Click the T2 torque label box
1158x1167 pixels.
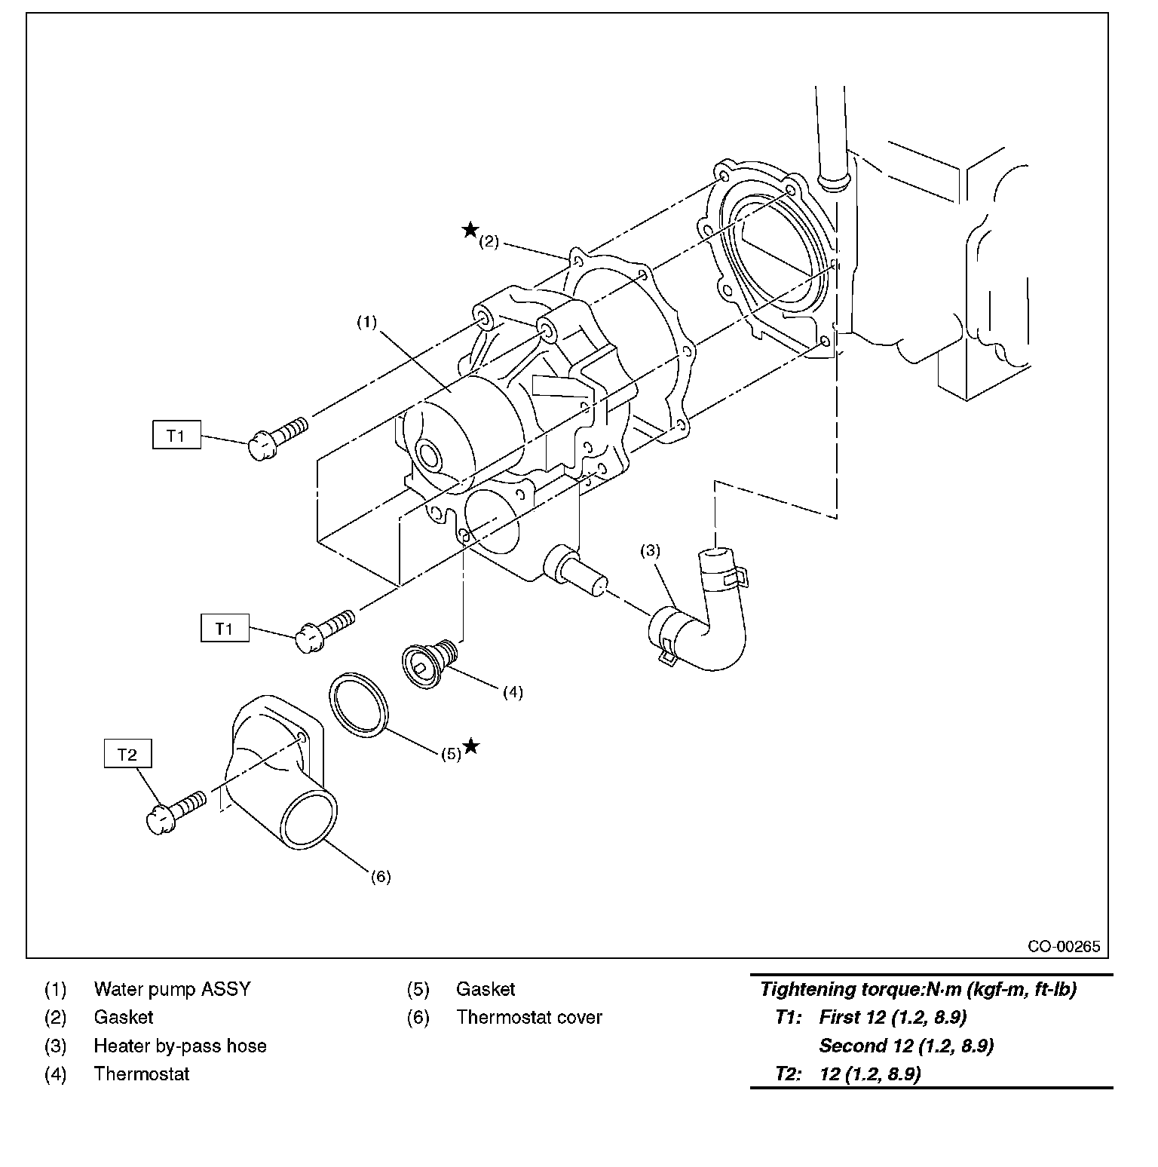tap(127, 755)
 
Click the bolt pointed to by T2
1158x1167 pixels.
tap(174, 811)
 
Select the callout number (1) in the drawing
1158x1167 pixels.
tap(366, 323)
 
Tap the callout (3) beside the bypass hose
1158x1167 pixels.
tap(650, 551)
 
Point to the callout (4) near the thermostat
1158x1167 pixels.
tap(513, 692)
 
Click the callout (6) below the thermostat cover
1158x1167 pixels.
tap(381, 876)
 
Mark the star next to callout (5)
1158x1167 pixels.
tap(471, 746)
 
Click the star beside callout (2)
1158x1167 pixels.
tap(470, 229)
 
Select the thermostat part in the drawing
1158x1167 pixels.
tap(428, 661)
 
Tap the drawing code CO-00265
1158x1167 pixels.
tap(1064, 946)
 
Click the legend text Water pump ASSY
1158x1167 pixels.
tap(172, 989)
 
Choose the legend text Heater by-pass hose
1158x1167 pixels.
tap(180, 1046)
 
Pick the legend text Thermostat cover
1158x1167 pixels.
tap(528, 1017)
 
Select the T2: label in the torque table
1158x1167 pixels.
tap(788, 1074)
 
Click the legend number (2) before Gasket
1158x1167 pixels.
tap(56, 1017)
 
